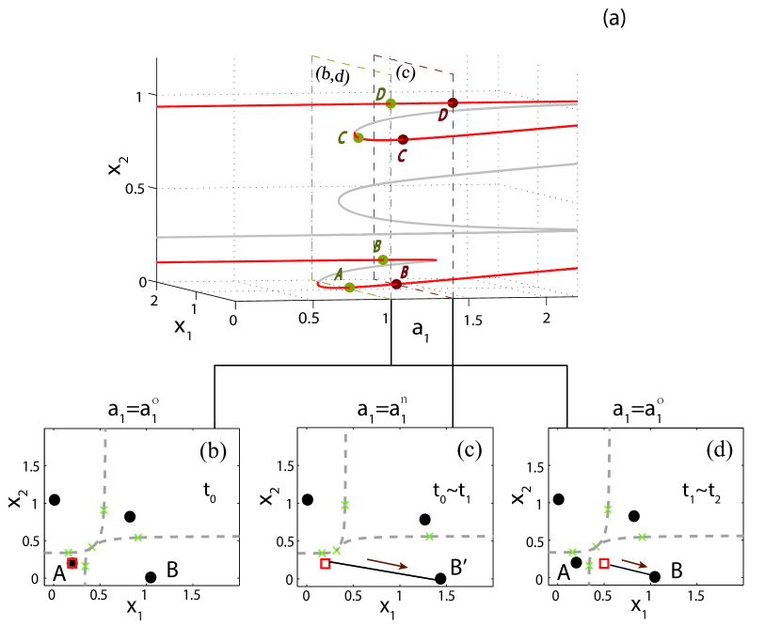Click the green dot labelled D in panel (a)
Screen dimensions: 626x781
pos(390,103)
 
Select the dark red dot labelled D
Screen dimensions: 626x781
pos(453,102)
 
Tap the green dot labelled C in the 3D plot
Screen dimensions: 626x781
pos(359,137)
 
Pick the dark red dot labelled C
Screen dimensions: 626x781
pos(403,140)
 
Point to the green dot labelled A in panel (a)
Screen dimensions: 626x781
pos(349,288)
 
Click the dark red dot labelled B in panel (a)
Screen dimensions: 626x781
pos(396,284)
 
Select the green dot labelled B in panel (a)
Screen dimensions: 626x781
pos(382,259)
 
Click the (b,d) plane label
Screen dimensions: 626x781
pos(331,75)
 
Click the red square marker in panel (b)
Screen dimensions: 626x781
pos(72,562)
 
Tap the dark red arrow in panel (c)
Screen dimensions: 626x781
pos(392,562)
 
